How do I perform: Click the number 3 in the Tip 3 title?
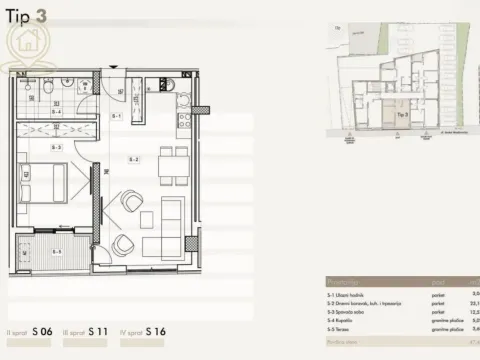[x=40, y=16]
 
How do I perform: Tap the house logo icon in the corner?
[x=25, y=42]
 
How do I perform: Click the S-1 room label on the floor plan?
[x=117, y=117]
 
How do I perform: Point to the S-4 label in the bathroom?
[x=57, y=111]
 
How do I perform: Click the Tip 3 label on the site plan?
[x=401, y=115]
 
